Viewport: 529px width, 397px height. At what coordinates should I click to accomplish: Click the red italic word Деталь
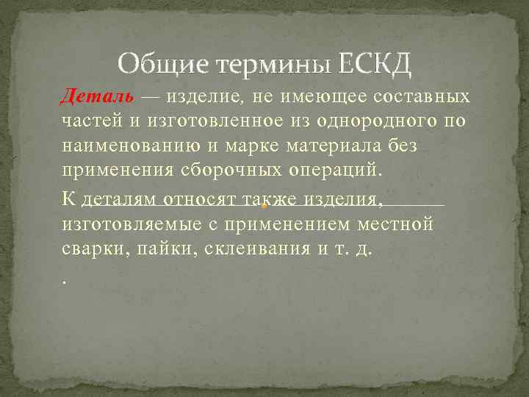pos(97,96)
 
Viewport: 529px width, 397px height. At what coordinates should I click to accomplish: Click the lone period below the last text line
pos(65,279)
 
